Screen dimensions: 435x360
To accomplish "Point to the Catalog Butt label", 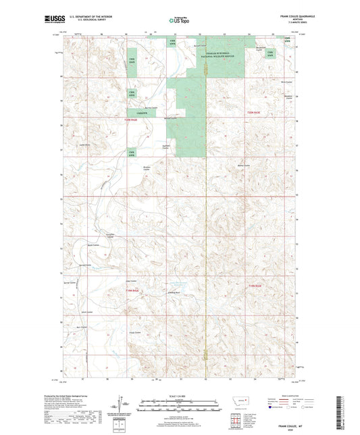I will pos(174,292).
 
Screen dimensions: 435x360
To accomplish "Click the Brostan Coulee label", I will pos(147,168).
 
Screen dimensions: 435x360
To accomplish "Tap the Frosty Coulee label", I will pos(134,332).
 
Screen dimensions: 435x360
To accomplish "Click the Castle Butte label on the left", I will pos(84,145).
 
